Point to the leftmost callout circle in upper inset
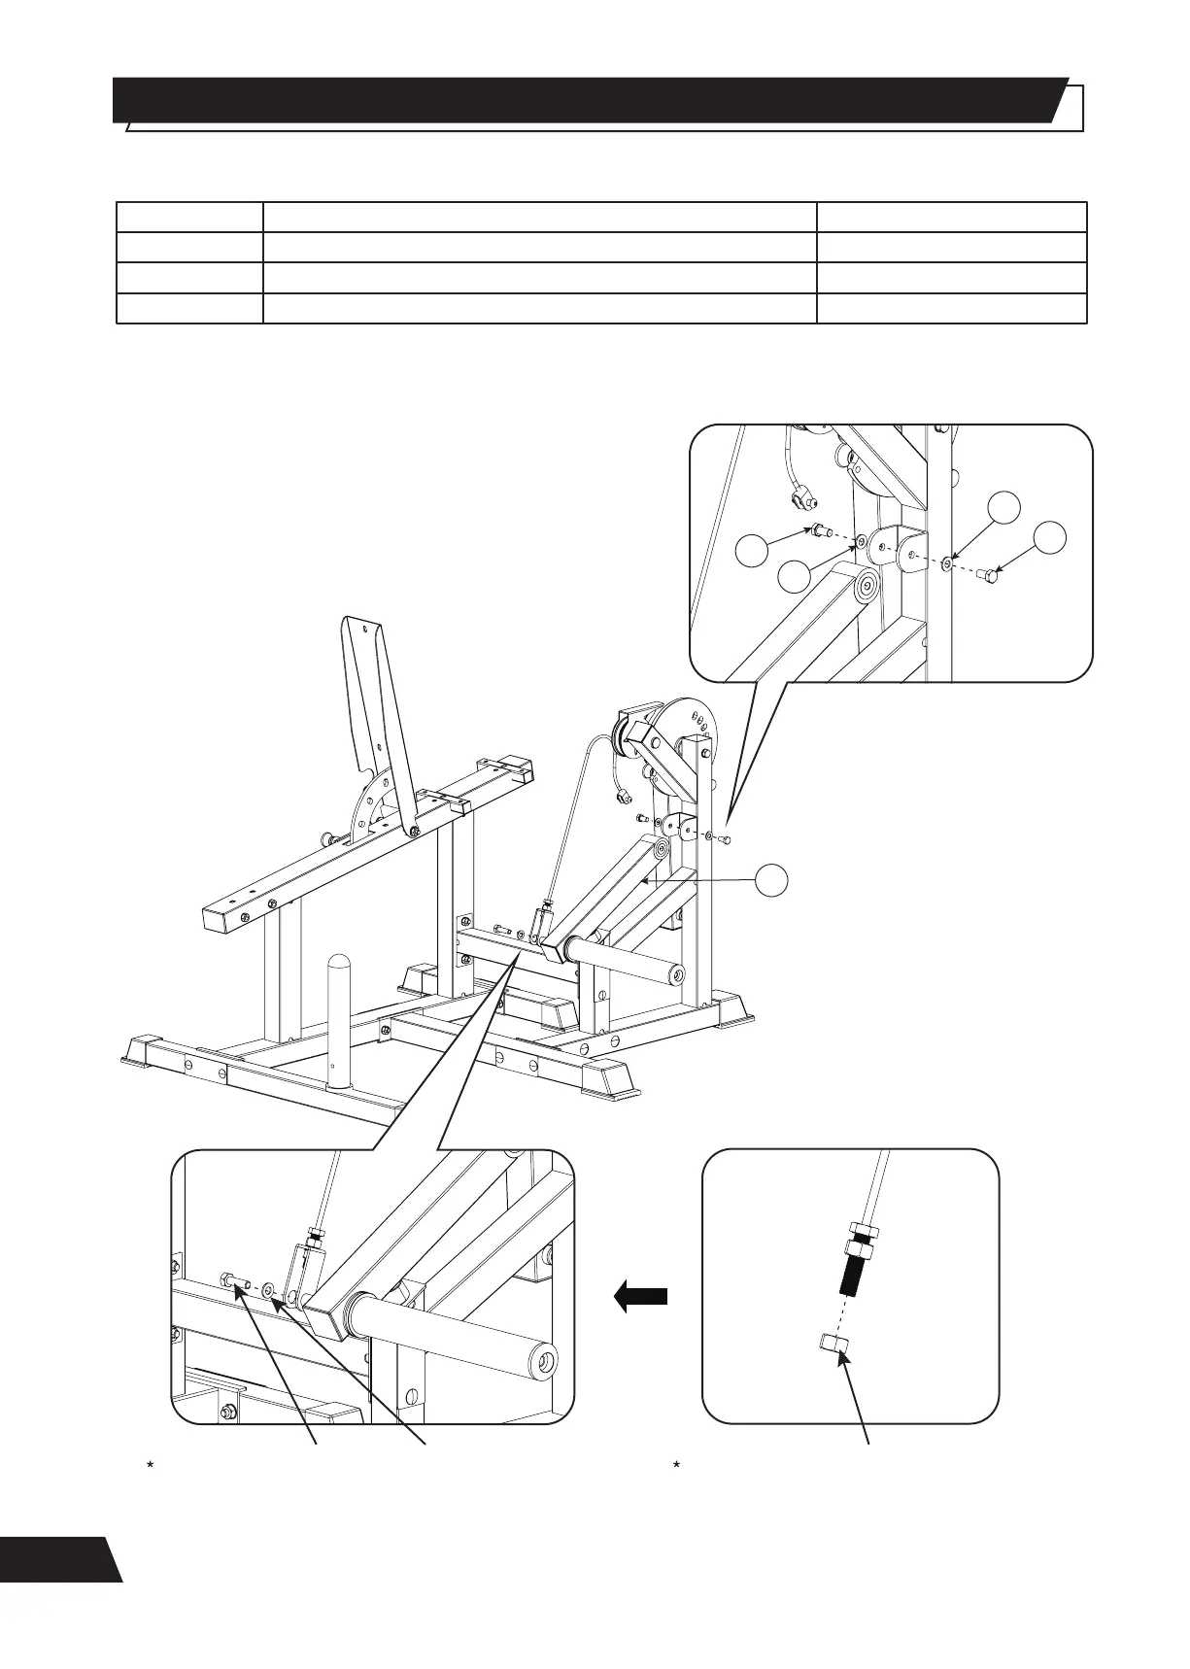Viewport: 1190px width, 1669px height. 756,550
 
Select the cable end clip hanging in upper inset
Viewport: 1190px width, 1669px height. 800,499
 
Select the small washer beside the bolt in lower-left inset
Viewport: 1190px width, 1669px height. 268,1290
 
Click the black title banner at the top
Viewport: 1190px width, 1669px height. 583,100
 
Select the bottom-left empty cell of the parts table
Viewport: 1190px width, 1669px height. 189,309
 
